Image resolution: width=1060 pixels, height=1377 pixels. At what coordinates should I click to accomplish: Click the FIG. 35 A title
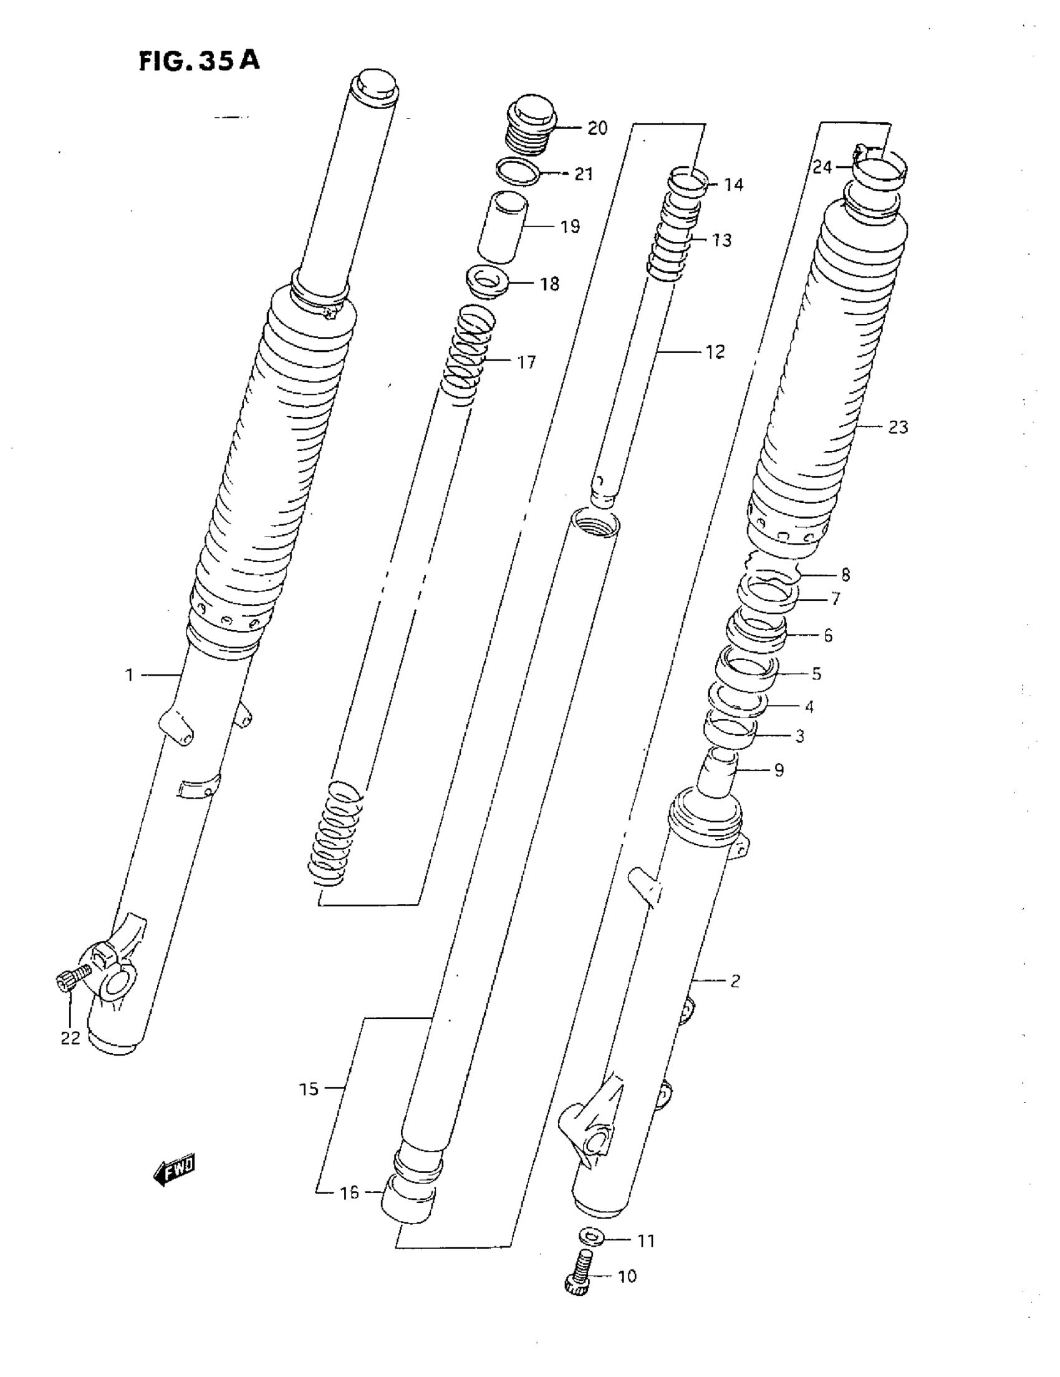tap(199, 61)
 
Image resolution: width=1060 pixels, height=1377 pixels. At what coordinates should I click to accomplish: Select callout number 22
tap(70, 1038)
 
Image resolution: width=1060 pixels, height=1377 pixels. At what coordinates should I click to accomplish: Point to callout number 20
tap(597, 129)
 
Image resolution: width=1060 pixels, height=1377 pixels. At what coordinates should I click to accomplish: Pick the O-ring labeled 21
tap(518, 172)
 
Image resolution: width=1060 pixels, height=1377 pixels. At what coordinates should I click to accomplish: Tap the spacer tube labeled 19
tap(503, 227)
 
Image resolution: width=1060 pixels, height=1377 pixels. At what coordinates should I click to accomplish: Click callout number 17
tap(526, 362)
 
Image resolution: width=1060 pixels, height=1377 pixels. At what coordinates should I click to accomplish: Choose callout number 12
tap(715, 352)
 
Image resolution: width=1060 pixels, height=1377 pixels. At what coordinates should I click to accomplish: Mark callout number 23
tap(898, 427)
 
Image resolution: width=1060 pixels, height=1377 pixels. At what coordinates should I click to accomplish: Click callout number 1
tap(129, 675)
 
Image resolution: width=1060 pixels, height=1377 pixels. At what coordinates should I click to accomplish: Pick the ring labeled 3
tap(730, 732)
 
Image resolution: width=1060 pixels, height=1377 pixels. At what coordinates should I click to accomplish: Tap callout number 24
tap(822, 167)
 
